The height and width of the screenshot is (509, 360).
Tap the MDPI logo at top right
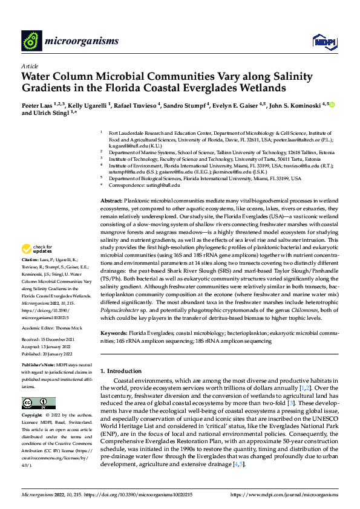322,41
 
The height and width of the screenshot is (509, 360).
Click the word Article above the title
30,66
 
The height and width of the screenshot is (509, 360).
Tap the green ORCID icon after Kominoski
332,105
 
